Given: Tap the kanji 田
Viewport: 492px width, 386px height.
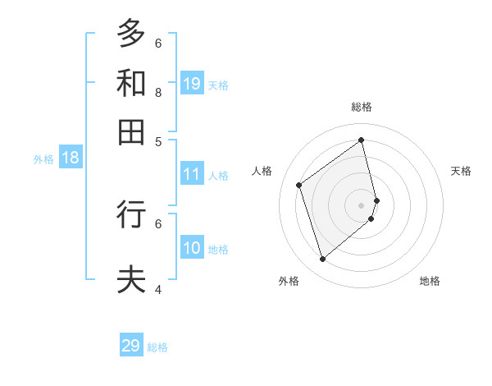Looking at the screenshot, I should tap(131, 131).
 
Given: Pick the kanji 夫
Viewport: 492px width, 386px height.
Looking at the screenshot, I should tap(131, 279).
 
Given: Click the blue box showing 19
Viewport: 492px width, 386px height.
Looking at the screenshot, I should tap(192, 84).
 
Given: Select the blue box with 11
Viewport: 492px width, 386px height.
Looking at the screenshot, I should tap(192, 174).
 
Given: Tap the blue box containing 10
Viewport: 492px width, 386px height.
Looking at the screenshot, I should tap(192, 248).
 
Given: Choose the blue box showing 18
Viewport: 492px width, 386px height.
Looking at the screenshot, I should tap(71, 159).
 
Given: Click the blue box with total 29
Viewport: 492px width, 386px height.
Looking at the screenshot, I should tap(131, 346).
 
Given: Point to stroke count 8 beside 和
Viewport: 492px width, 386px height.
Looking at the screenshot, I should tap(158, 92).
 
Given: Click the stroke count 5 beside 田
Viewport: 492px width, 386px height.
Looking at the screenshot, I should tap(158, 141).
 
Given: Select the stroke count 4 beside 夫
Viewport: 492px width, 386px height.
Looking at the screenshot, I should tap(158, 289).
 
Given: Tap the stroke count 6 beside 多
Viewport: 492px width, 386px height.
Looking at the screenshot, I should tap(158, 43).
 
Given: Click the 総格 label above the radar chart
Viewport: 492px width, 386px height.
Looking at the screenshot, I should tap(362, 107).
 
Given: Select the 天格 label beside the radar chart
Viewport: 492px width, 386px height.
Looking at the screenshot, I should tap(461, 171).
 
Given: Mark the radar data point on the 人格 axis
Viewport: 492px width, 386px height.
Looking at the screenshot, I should tap(299, 185).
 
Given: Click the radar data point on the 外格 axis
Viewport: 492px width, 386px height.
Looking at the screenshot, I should tap(322, 260).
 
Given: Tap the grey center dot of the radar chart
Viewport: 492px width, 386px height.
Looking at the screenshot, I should tap(362, 204).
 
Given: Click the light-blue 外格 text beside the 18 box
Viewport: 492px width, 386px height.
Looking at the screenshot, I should tap(43, 159).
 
